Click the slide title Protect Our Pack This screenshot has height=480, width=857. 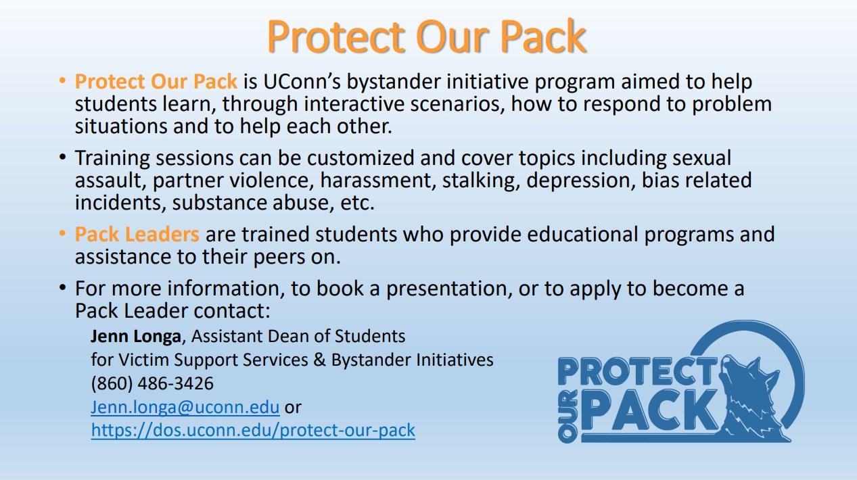pos(427,37)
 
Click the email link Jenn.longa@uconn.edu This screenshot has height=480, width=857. pos(185,407)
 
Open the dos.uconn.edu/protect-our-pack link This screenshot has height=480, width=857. pos(253,430)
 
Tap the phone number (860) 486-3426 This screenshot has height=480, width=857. pos(152,383)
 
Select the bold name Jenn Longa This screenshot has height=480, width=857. pos(136,337)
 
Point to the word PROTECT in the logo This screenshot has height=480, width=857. pos(637,371)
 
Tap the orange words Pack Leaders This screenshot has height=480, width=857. pos(137,234)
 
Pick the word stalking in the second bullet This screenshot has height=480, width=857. pos(481,181)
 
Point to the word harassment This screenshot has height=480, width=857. pos(378,181)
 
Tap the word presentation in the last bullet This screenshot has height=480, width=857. pos(449,289)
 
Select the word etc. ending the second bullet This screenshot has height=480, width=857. pos(357,203)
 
